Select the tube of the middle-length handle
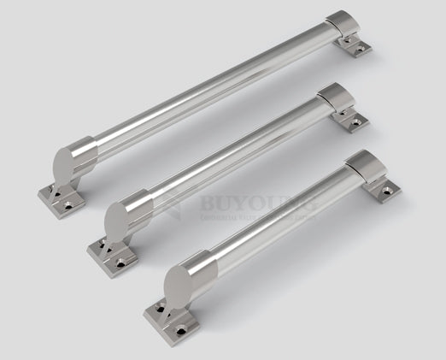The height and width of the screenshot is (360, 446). point(231,159)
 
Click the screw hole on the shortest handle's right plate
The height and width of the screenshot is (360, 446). point(392,187)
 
